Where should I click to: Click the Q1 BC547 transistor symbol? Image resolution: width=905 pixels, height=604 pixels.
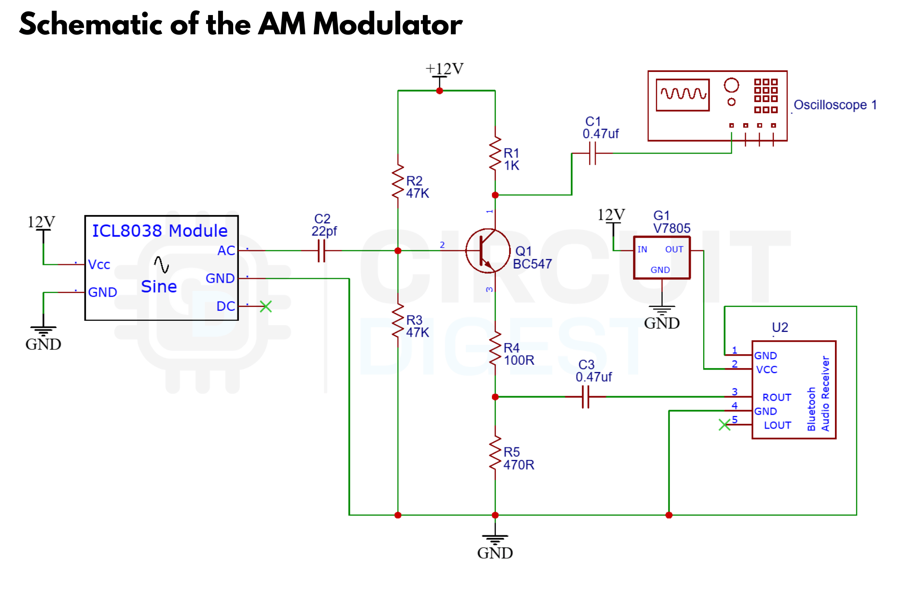487,251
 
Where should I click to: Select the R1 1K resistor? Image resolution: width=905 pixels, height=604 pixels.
495,153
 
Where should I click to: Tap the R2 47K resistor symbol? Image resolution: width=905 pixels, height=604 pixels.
398,181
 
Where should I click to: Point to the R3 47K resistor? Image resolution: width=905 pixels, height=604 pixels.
398,320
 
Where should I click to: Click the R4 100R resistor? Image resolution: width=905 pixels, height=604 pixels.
495,348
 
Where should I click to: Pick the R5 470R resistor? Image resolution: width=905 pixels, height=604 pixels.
495,452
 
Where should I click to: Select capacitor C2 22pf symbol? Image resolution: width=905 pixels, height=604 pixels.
321,251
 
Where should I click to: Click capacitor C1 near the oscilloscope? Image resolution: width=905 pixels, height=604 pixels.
593,153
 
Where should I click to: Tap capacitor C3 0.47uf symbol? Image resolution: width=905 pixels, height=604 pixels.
585,397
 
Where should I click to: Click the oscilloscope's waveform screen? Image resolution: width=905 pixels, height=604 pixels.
682,95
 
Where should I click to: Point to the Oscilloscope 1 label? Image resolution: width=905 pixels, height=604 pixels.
835,105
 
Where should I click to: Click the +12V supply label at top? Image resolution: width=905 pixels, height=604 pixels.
444,69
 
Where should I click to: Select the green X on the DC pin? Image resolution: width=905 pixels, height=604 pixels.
266,306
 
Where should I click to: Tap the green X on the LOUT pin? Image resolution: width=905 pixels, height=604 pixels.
724,425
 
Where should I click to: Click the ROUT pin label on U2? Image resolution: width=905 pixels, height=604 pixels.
776,397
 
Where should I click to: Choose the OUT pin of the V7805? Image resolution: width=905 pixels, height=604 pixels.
674,249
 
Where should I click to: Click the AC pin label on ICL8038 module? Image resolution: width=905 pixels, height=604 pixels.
226,251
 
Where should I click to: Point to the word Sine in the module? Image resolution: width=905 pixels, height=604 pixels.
159,287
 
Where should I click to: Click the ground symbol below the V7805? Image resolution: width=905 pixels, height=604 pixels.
662,309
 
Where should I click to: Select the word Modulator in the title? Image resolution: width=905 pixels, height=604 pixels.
388,24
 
